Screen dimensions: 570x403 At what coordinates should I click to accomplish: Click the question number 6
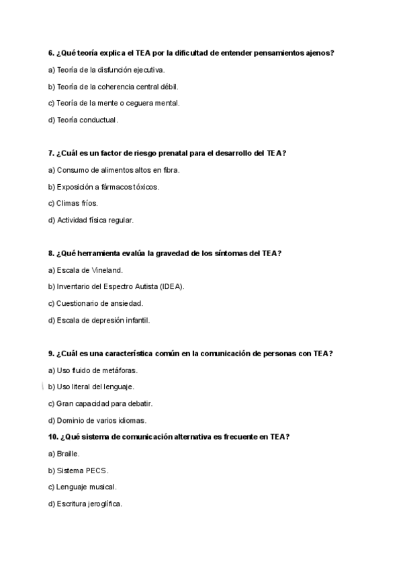[x=51, y=53]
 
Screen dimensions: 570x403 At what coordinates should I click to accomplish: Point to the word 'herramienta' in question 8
[x=101, y=253]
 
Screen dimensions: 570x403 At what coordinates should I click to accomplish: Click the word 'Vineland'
[x=106, y=270]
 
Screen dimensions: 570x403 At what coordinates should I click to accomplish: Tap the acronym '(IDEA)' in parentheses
[x=171, y=287]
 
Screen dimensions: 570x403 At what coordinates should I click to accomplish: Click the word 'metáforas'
[x=120, y=370]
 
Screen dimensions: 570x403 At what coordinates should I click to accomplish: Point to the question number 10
[x=53, y=437]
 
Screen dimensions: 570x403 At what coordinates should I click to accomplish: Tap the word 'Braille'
[x=68, y=454]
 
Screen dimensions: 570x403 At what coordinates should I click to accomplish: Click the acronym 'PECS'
[x=97, y=471]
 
